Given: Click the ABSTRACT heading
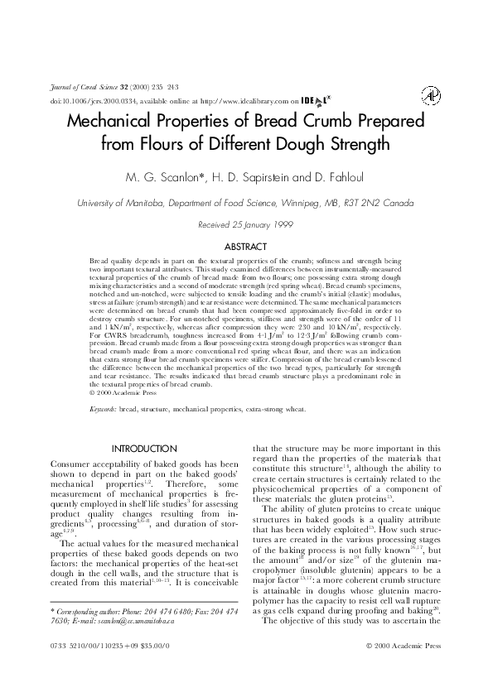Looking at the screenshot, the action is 245,247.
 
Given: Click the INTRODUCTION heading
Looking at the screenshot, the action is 144,449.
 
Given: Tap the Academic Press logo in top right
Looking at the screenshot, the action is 431,96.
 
